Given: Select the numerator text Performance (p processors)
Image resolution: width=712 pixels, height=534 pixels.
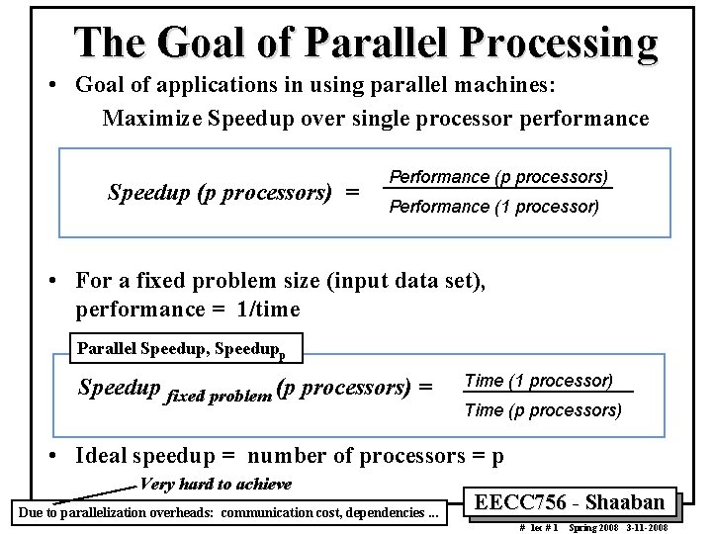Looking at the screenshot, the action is tap(498, 176).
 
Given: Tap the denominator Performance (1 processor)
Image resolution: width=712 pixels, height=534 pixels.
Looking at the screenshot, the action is tap(493, 207).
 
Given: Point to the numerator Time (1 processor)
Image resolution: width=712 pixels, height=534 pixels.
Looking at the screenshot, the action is tap(538, 380).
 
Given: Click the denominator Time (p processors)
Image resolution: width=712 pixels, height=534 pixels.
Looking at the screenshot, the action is tap(543, 409).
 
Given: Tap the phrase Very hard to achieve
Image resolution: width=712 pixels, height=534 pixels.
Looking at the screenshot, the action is tap(217, 484).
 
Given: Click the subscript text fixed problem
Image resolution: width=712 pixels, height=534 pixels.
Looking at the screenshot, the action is tap(221, 396).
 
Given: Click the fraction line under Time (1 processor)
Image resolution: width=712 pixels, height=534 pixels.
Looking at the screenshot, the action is tap(546, 394).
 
